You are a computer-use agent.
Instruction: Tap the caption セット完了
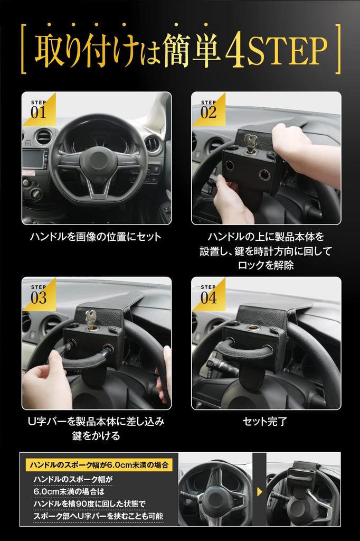click(265, 422)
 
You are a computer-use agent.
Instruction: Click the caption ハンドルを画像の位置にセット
click(96, 237)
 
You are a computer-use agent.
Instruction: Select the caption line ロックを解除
click(266, 266)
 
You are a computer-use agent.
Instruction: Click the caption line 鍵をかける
click(96, 436)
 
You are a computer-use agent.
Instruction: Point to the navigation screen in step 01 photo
click(34, 159)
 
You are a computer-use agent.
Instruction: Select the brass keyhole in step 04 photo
click(253, 329)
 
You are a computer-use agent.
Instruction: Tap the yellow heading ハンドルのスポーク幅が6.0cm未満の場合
click(99, 465)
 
